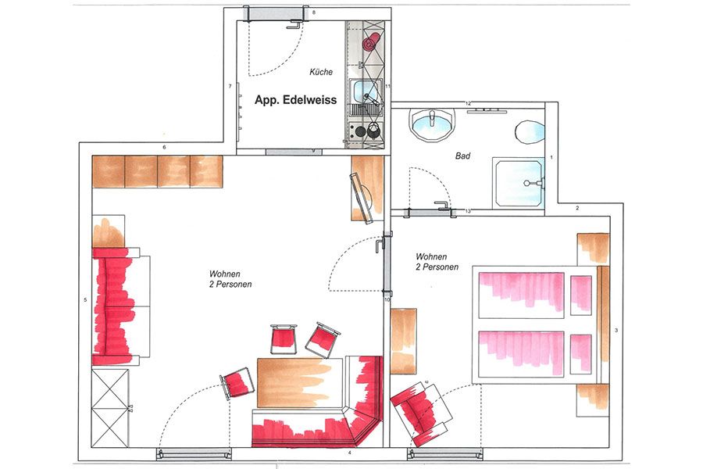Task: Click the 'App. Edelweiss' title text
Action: click(x=295, y=99)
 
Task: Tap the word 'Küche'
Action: click(x=321, y=72)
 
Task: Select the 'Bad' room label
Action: click(x=462, y=156)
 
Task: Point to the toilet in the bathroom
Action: click(x=530, y=131)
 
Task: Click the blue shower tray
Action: click(x=519, y=182)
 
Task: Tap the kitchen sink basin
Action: click(x=365, y=91)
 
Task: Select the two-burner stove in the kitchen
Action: click(x=366, y=131)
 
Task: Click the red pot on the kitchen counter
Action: click(x=371, y=42)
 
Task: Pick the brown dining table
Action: click(x=299, y=382)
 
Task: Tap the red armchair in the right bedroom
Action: click(x=420, y=414)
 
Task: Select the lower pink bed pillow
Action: click(x=580, y=354)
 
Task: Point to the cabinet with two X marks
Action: click(x=110, y=407)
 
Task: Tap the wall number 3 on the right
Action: click(x=616, y=331)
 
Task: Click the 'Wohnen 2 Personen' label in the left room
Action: click(x=230, y=279)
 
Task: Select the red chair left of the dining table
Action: click(x=237, y=383)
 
